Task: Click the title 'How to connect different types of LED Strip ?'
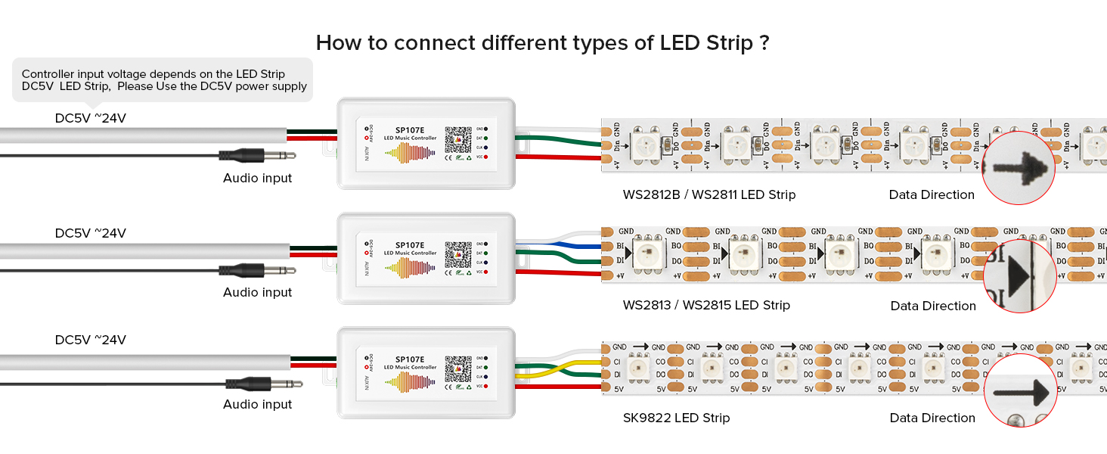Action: pyautogui.click(x=542, y=42)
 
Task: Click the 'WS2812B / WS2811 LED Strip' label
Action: pyautogui.click(x=709, y=194)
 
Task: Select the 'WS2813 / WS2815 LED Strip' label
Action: pyautogui.click(x=706, y=306)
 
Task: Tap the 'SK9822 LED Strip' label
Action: pyautogui.click(x=676, y=418)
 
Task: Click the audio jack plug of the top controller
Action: pyautogui.click(x=257, y=156)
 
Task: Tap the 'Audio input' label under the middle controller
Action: pyautogui.click(x=257, y=292)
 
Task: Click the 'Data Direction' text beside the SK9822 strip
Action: pyautogui.click(x=932, y=418)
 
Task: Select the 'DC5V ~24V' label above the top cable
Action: pyautogui.click(x=91, y=118)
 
